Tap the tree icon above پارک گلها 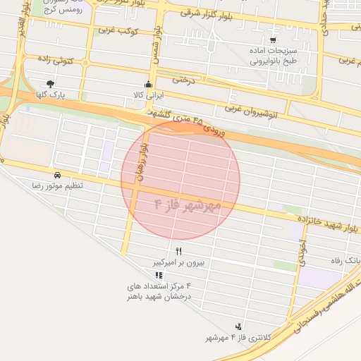point(50,83)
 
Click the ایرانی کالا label point(148,94)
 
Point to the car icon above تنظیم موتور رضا point(57,174)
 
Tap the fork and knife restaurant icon point(179,251)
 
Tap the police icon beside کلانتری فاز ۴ point(239,326)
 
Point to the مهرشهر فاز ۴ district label point(188,206)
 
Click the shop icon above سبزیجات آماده point(273,40)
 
